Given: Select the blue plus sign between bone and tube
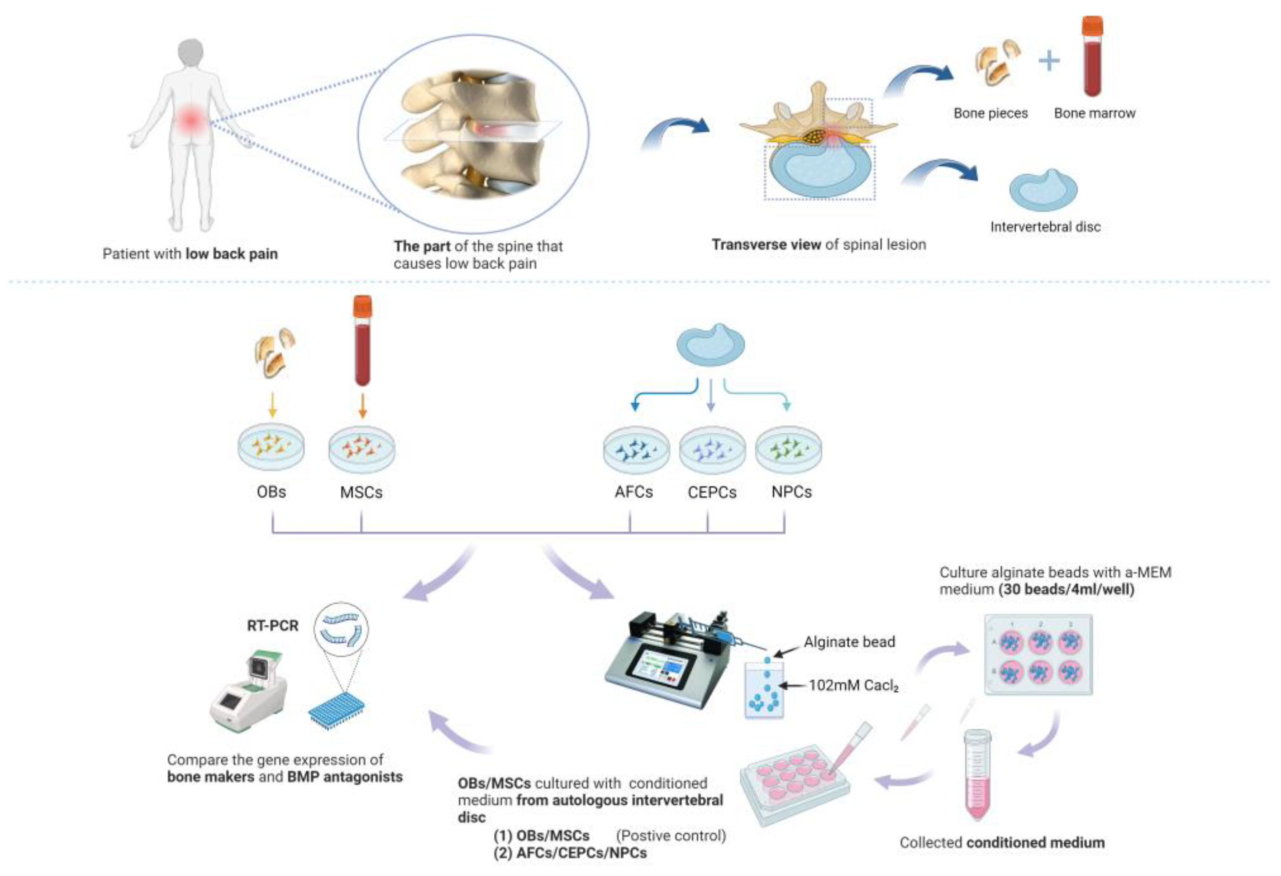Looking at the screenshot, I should (1048, 61).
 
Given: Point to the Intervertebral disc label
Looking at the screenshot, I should (1045, 227).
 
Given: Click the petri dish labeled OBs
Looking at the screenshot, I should (271, 447).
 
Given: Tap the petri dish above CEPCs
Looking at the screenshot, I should (712, 449).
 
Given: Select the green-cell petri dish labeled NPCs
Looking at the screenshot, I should (788, 449).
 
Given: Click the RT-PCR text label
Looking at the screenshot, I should (272, 626).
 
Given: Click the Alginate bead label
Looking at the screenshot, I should (849, 642).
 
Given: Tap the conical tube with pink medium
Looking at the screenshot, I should (977, 774).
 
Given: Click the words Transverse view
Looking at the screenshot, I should (766, 244).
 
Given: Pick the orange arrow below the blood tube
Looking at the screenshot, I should (362, 406).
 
